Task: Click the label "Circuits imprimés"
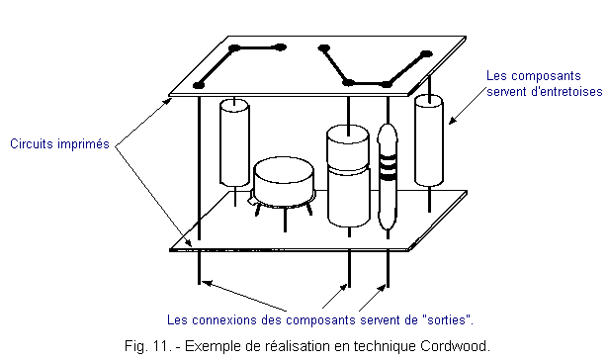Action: click(x=59, y=144)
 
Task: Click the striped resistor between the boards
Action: click(x=388, y=177)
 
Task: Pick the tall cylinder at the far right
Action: click(x=429, y=140)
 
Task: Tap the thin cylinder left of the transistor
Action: click(x=234, y=142)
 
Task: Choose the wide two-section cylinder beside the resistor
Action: click(x=348, y=176)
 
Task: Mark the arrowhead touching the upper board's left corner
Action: click(x=167, y=102)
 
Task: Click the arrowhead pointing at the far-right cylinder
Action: click(x=453, y=121)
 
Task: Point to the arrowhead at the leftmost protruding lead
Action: click(x=207, y=283)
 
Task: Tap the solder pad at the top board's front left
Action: click(x=199, y=85)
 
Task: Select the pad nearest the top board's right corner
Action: click(x=426, y=54)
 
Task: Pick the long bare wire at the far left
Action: click(x=200, y=190)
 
